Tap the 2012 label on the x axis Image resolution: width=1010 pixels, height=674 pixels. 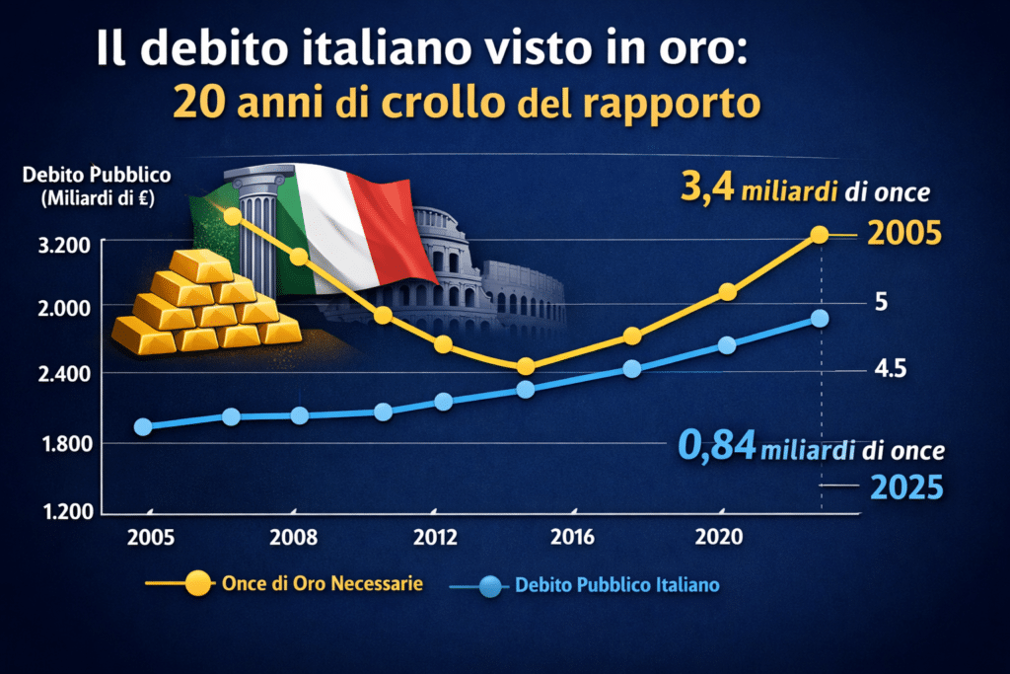tap(435, 538)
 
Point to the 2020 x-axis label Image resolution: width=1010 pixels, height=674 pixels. tap(718, 538)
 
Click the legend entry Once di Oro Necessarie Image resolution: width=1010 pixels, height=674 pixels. tap(334, 584)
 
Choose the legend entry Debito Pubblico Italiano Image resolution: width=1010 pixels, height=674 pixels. tap(616, 585)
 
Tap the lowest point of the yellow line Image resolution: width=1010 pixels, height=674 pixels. tap(526, 366)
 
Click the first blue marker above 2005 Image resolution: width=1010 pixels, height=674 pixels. tap(143, 426)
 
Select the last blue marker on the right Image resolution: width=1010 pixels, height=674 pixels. tap(820, 318)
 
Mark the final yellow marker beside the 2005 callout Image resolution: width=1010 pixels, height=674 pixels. tap(819, 235)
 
